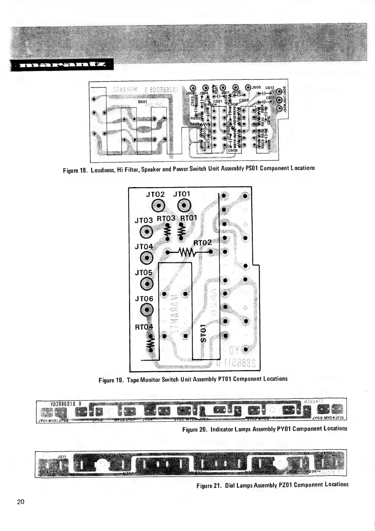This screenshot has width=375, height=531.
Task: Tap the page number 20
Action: (21, 502)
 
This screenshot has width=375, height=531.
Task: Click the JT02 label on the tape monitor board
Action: (156, 194)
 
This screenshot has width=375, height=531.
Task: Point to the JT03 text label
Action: (144, 220)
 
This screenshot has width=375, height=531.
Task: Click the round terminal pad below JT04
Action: (147, 258)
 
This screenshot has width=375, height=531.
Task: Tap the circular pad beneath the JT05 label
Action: (147, 284)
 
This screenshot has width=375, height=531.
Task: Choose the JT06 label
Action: (144, 298)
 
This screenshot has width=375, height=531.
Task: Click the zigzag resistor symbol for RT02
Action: (187, 252)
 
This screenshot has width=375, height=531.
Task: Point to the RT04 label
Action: (144, 327)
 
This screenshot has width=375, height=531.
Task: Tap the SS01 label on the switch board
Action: (143, 102)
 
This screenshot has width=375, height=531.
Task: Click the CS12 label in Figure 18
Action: (270, 88)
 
